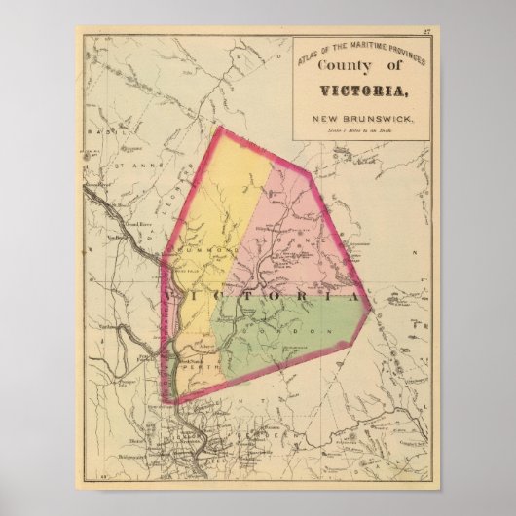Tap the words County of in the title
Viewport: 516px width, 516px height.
(358, 65)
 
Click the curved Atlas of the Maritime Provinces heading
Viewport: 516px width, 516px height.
(355, 50)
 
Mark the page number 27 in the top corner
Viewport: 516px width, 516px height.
(425, 34)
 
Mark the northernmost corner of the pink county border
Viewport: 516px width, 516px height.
(220, 127)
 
